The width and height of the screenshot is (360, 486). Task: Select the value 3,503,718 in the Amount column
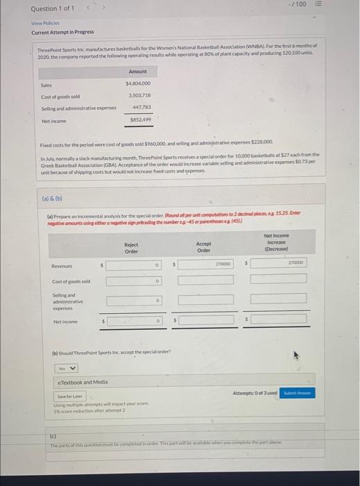(x=139, y=95)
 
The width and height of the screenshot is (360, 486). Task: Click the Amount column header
(x=138, y=72)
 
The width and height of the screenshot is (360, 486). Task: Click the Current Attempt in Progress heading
(x=62, y=32)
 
